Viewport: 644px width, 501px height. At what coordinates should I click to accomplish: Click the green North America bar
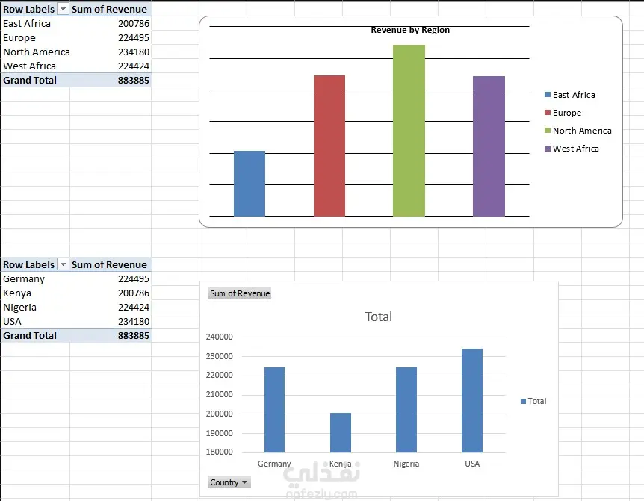click(409, 131)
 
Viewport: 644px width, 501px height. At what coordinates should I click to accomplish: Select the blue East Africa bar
click(250, 184)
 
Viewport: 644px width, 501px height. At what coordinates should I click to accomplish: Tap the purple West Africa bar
click(489, 146)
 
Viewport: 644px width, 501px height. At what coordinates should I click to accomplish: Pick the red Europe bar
click(329, 146)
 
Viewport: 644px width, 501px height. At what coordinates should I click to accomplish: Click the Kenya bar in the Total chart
click(341, 432)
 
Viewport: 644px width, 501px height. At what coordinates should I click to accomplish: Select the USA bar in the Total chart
click(472, 400)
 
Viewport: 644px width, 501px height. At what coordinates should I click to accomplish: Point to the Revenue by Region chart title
click(410, 30)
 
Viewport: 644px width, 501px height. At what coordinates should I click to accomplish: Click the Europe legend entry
click(563, 113)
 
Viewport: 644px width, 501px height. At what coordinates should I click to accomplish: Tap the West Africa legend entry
click(572, 148)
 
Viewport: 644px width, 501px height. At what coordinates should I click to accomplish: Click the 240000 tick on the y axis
click(220, 337)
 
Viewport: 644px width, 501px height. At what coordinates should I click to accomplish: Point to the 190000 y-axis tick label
click(220, 433)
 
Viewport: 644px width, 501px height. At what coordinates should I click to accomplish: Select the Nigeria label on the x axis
click(406, 464)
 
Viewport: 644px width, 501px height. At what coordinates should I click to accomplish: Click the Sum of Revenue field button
click(240, 293)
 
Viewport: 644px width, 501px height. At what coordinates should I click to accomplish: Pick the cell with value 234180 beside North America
click(134, 52)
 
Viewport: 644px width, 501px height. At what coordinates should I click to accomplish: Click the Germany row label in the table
click(24, 279)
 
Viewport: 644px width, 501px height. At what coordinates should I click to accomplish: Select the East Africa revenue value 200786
click(134, 23)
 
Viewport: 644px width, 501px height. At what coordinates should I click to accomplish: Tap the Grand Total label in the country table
click(30, 336)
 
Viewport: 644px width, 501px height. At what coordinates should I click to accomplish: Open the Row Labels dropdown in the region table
click(63, 9)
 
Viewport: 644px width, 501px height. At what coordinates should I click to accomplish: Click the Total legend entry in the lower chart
click(533, 401)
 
